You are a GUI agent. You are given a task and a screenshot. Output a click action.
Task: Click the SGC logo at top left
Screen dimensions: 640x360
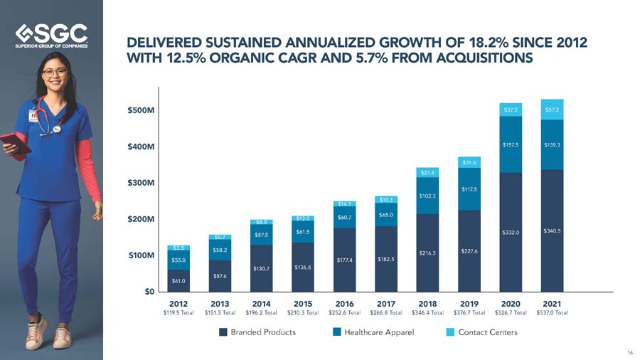51,36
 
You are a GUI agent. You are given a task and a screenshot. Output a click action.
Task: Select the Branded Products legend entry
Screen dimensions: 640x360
257,332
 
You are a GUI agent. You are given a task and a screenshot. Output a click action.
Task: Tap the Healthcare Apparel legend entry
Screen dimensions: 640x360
373,332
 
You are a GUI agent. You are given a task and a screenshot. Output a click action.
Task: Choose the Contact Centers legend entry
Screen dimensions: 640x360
482,332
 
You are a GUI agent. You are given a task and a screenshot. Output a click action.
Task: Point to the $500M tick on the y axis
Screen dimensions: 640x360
141,110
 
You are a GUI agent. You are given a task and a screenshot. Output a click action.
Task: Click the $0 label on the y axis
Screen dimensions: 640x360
149,292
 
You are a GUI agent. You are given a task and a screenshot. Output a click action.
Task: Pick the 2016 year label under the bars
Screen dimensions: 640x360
344,304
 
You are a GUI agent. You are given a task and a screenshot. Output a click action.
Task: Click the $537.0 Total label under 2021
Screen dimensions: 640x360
552,312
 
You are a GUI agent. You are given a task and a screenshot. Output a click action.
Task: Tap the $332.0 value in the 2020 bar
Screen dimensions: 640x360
511,232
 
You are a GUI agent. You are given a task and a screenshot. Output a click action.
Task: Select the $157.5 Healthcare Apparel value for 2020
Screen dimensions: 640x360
511,145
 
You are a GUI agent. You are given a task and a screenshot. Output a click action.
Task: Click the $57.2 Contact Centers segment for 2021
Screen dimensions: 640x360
552,110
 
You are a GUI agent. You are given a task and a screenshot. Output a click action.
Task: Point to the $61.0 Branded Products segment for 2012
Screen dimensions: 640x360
178,281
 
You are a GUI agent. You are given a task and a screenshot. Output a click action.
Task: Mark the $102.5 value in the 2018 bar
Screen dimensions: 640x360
427,196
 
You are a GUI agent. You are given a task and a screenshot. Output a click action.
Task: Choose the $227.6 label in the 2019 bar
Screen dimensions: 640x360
469,251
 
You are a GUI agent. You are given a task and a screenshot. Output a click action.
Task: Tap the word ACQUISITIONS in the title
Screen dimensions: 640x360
484,58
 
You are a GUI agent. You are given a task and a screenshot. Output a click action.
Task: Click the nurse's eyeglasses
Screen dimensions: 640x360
55,73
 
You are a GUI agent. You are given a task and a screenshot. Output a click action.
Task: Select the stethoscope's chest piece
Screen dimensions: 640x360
56,129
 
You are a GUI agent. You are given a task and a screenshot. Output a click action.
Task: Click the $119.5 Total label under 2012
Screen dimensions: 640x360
178,312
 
